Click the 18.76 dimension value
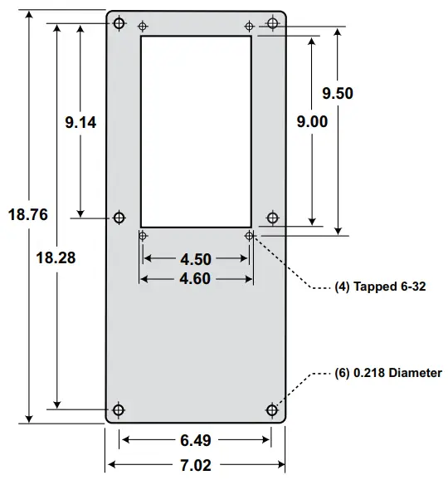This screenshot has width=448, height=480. (x=27, y=214)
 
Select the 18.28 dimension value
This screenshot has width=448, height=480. (x=56, y=257)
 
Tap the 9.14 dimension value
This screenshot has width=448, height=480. (x=80, y=123)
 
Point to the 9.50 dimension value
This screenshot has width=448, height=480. (x=338, y=94)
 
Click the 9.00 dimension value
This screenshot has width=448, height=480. (x=312, y=121)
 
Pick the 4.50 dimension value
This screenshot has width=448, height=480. (x=195, y=259)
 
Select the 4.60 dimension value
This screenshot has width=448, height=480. (x=195, y=279)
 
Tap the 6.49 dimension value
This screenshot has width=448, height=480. (x=195, y=441)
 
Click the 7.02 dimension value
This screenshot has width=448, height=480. (x=195, y=463)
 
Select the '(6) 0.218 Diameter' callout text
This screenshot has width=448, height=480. (x=387, y=374)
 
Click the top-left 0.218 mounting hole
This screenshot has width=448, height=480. (x=119, y=22)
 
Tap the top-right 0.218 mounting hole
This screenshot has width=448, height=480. (x=272, y=22)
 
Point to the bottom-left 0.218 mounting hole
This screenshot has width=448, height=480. (x=119, y=409)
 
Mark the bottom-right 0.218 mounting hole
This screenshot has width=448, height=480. (x=272, y=409)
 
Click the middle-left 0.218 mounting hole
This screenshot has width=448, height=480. (x=119, y=218)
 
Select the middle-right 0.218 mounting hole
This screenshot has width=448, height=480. (x=272, y=218)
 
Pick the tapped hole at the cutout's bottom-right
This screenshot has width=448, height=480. (x=250, y=236)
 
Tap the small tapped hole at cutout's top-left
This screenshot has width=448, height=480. (x=143, y=26)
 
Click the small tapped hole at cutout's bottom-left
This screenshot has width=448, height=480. (x=143, y=236)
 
